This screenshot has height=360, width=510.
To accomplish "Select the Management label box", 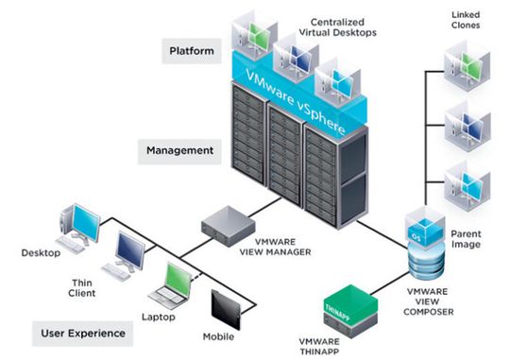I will (179, 149).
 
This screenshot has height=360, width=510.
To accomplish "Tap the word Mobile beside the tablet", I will (220, 337).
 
